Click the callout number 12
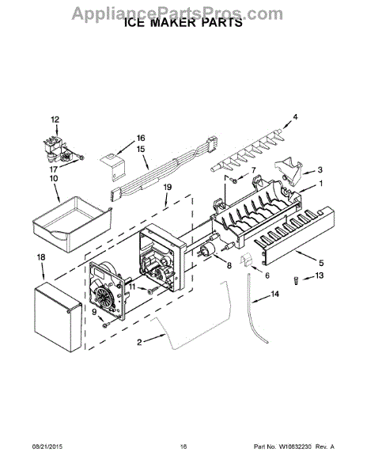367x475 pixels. click(55, 120)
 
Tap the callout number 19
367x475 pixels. click(168, 187)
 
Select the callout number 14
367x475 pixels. click(274, 294)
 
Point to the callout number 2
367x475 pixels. click(139, 342)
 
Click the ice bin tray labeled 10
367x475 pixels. click(73, 223)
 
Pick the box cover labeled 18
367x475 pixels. click(58, 317)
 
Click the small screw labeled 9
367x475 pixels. click(105, 325)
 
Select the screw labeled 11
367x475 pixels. click(152, 291)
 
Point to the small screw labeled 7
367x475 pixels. click(233, 180)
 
